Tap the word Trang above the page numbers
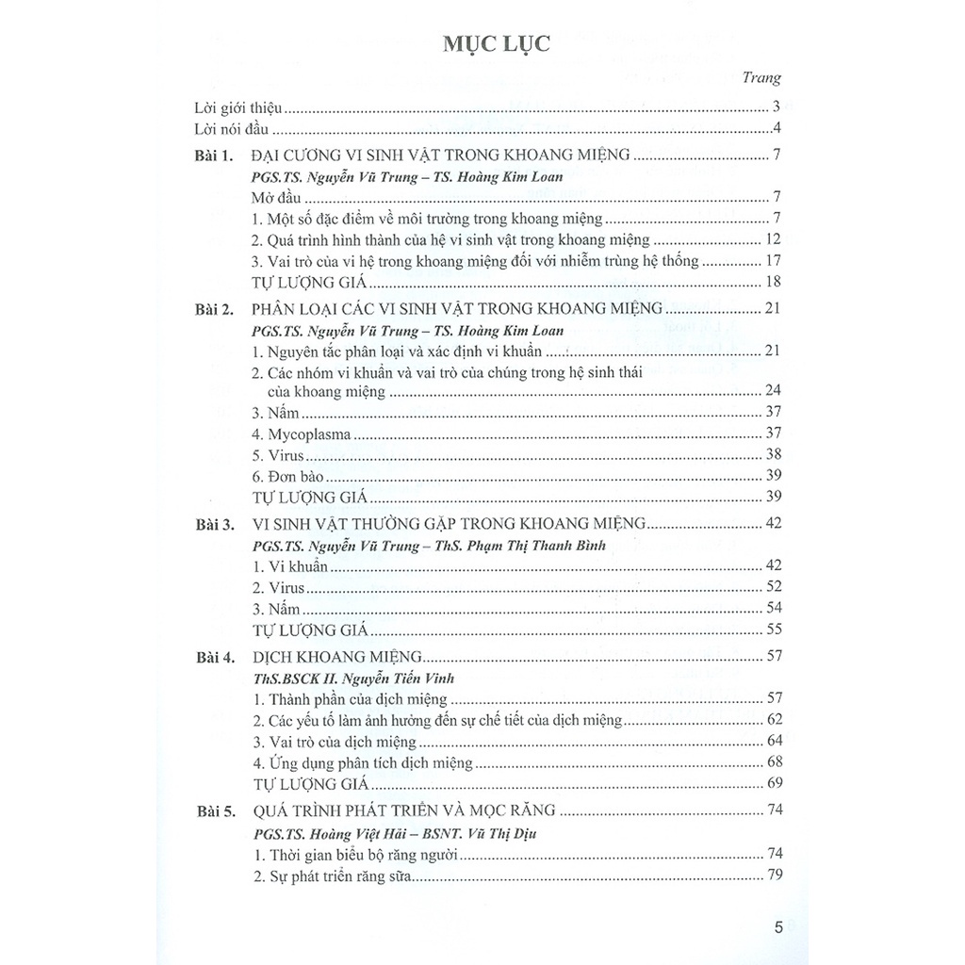(x=761, y=79)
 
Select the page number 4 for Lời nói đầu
(x=776, y=129)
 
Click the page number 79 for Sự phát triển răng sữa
(x=775, y=876)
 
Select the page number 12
(x=775, y=239)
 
